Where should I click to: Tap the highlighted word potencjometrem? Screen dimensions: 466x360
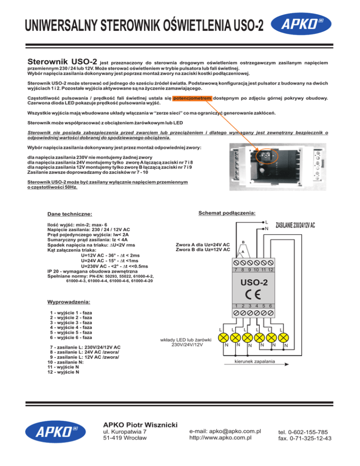pyautogui.click(x=193, y=98)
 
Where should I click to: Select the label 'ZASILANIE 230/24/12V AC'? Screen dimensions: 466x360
pyautogui.click(x=295, y=225)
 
